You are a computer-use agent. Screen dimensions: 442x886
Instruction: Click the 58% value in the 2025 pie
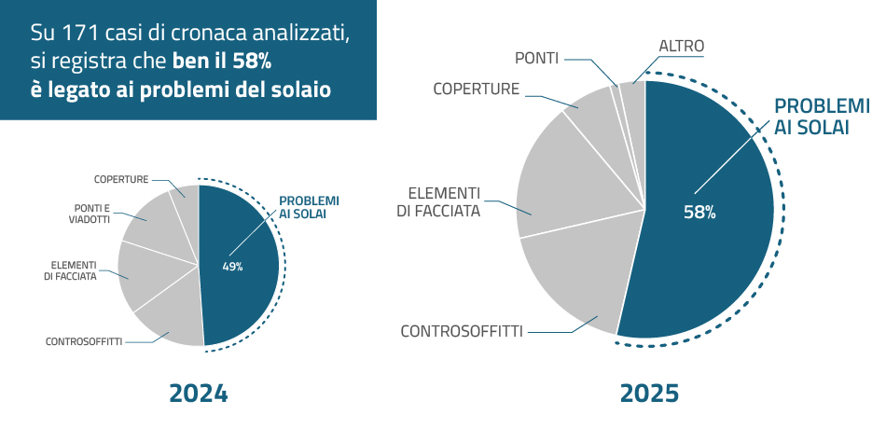[699, 212]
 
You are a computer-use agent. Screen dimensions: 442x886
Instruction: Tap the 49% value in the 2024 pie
[232, 267]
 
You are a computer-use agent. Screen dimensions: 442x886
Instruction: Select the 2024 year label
[198, 394]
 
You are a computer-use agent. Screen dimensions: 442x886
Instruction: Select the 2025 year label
[650, 394]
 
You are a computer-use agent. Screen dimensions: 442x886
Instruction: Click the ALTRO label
[681, 46]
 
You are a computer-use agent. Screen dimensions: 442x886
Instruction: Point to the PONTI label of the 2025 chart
[536, 59]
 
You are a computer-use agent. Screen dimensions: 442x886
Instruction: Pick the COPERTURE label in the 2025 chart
[476, 89]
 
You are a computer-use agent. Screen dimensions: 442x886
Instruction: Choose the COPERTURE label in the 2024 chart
[121, 179]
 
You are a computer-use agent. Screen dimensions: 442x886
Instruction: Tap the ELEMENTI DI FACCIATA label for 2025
[444, 202]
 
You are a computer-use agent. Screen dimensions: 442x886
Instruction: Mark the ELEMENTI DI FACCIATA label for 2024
[70, 270]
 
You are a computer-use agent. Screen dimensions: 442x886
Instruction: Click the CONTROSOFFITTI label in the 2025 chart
[461, 331]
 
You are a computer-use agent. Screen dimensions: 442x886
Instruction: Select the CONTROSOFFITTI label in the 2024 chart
[84, 341]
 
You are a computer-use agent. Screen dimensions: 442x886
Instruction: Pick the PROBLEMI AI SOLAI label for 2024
[309, 207]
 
